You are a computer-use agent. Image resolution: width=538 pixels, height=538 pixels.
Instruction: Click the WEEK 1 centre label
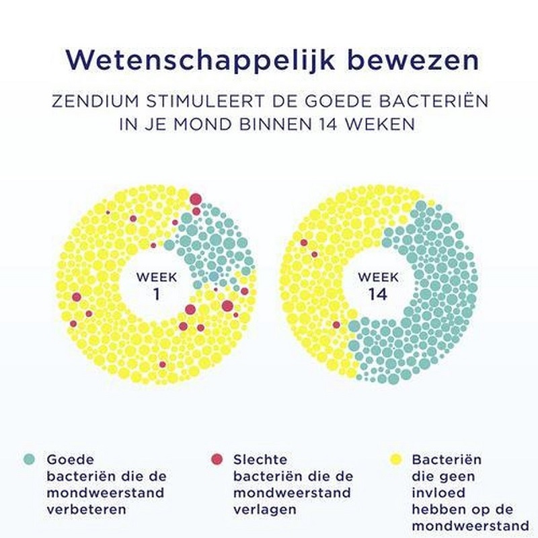tap(157, 284)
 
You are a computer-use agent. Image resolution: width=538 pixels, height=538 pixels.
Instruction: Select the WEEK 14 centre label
tap(378, 285)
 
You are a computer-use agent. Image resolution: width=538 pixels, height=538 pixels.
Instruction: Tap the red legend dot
tap(217, 459)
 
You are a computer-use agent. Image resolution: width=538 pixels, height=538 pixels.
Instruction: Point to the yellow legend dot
tap(396, 459)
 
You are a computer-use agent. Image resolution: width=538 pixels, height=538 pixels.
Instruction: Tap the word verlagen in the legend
tap(264, 509)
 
